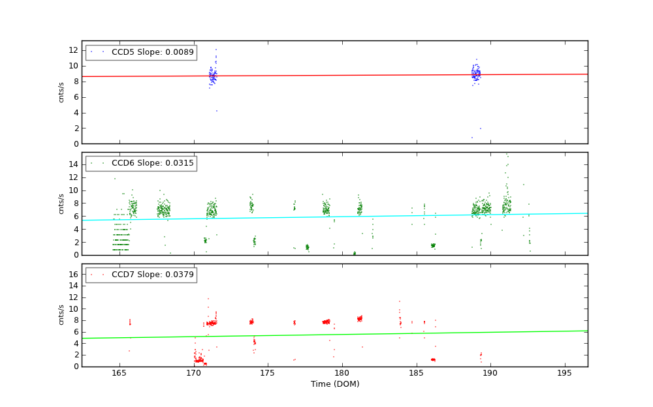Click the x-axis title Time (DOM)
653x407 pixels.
tap(334, 384)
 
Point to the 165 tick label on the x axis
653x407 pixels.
tap(119, 373)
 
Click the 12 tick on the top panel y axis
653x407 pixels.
tap(74, 50)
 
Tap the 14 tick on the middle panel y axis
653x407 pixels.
tap(74, 164)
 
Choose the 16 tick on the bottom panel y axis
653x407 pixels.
tap(74, 275)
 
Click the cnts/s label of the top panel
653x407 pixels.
tap(61, 92)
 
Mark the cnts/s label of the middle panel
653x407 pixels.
tap(61, 203)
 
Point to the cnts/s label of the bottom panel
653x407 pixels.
tap(61, 315)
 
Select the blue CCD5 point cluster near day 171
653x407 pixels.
tap(212, 76)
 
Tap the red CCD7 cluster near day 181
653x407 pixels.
tap(359, 318)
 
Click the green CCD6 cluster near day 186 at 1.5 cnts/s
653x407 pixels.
tap(433, 245)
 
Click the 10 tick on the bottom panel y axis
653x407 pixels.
tap(74, 309)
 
